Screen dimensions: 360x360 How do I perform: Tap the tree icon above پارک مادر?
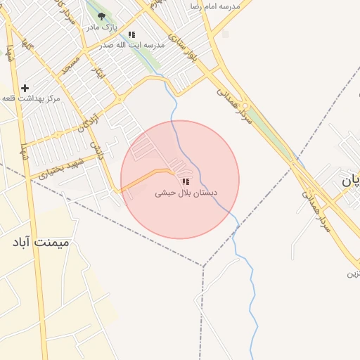coord(102,15)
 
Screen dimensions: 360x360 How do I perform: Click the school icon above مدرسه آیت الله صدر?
coord(131,34)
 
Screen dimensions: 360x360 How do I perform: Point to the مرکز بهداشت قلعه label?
coord(32,98)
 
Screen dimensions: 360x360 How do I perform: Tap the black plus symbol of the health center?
coord(25,89)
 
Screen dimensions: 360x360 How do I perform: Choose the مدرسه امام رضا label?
coord(215,6)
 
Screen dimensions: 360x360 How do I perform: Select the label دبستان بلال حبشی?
coord(186,191)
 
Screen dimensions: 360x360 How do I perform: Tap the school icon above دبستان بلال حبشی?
coord(186,181)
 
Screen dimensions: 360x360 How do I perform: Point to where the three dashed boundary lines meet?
coord(203,266)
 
